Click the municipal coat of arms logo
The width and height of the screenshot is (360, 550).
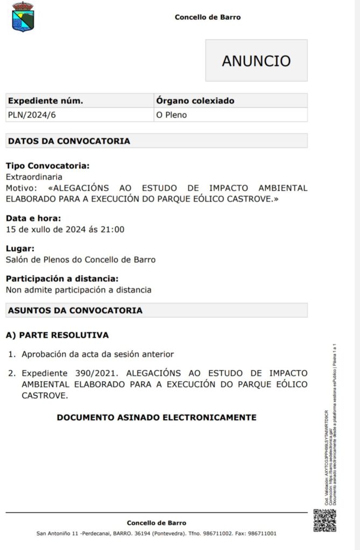tap(23, 16)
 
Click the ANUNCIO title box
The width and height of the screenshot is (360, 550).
tap(256, 61)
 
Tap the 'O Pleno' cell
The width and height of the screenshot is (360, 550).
tap(171, 115)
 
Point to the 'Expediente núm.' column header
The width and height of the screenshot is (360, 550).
tap(45, 101)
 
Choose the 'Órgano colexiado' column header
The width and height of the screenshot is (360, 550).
tap(195, 101)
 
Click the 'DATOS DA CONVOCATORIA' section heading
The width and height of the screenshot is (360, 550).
tap(69, 141)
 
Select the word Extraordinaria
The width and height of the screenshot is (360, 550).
tap(34, 177)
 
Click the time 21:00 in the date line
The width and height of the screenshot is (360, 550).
tap(113, 230)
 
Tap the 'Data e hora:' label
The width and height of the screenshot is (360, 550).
tap(33, 218)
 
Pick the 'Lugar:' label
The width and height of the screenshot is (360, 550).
tap(20, 248)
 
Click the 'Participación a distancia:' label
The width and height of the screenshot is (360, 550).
tap(62, 279)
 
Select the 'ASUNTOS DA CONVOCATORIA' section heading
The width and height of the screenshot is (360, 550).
tap(75, 310)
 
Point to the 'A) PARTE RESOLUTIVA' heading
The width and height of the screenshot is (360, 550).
tap(57, 335)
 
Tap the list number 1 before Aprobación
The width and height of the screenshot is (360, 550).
tap(11, 354)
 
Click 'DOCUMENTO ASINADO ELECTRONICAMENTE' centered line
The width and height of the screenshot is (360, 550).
tap(156, 417)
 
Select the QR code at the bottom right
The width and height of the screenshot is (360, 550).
tap(325, 520)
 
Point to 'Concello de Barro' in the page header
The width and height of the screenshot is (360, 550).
tap(207, 17)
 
